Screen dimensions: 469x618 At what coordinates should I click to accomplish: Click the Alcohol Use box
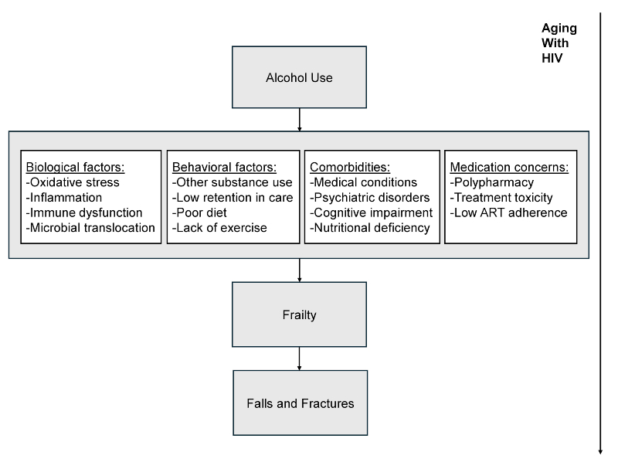[x=299, y=77]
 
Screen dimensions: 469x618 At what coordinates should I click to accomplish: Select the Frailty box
[x=299, y=314]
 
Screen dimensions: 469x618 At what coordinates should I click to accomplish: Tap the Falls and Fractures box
[x=300, y=403]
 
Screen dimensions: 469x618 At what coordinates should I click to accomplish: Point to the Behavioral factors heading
[x=224, y=167]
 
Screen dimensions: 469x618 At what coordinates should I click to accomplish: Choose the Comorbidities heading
[x=350, y=167]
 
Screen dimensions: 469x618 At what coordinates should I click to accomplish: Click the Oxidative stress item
[x=73, y=182]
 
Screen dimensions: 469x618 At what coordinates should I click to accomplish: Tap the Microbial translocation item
[x=90, y=228]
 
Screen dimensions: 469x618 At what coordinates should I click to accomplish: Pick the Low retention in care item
[x=233, y=198]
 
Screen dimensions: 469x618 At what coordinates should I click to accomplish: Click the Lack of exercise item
[x=219, y=228]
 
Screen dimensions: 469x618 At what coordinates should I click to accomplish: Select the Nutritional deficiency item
[x=369, y=228]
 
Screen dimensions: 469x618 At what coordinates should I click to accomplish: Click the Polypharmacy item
[x=491, y=182]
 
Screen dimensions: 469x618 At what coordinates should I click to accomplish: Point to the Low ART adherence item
[x=508, y=212]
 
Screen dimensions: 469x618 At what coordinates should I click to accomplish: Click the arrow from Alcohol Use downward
[x=299, y=119]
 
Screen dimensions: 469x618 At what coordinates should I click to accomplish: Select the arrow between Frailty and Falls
[x=299, y=359]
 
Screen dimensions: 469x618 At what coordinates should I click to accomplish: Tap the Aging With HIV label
[x=559, y=43]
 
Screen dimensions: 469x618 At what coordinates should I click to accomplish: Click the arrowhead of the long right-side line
[x=600, y=452]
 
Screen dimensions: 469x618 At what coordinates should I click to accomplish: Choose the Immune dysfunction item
[x=84, y=212]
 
